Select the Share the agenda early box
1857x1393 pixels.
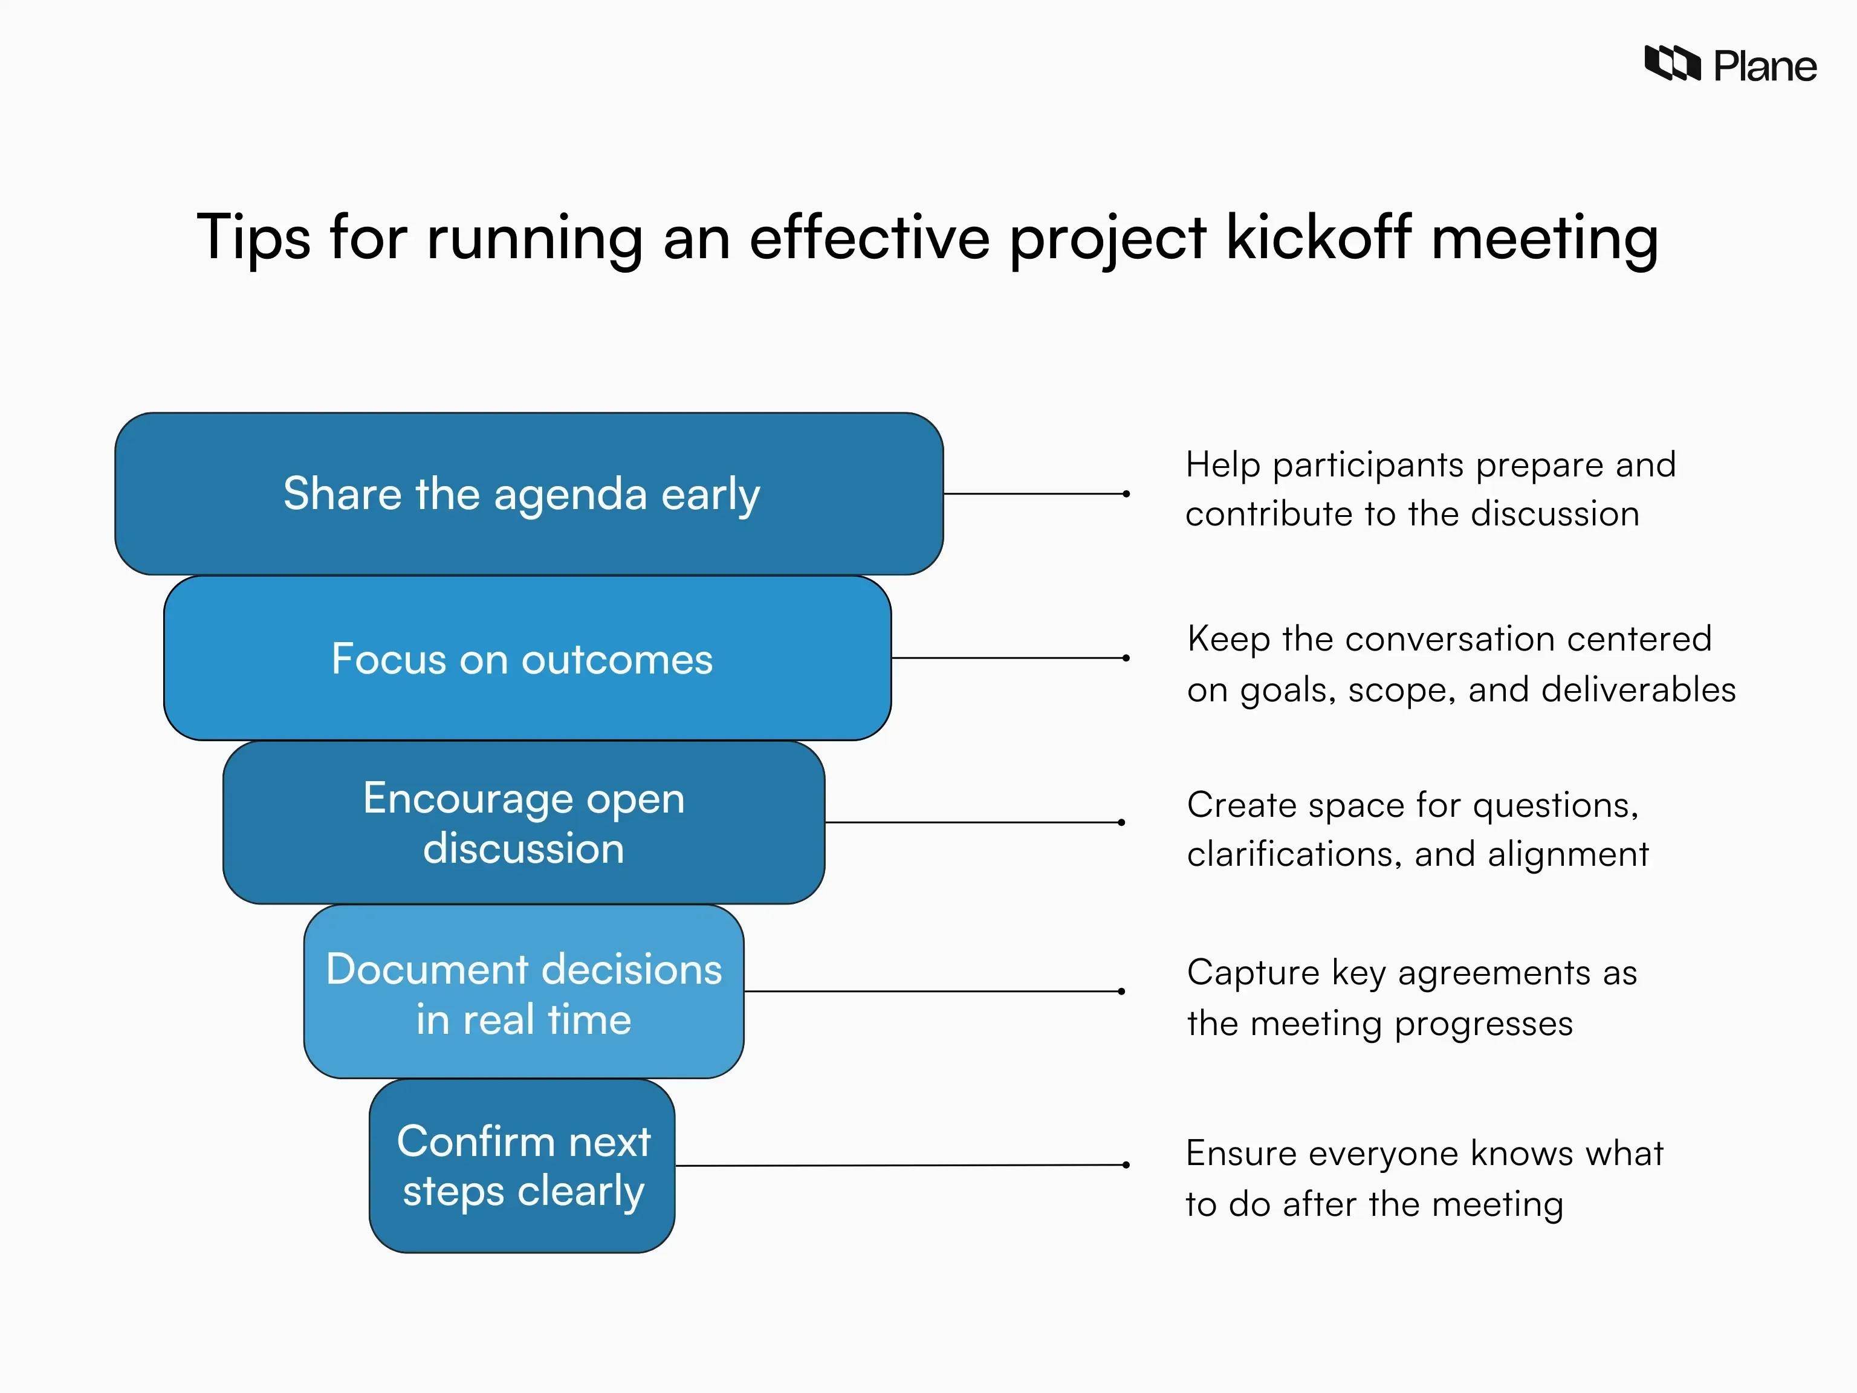pyautogui.click(x=529, y=494)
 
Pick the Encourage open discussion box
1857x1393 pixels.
pyautogui.click(x=524, y=823)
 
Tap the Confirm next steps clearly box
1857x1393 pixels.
pyautogui.click(x=522, y=1166)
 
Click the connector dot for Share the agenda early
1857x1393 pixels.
pyautogui.click(x=1126, y=494)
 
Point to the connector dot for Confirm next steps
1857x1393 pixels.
pyautogui.click(x=1126, y=1164)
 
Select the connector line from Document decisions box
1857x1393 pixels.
pyautogui.click(x=932, y=992)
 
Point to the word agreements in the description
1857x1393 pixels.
pyautogui.click(x=1494, y=974)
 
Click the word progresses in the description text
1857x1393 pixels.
pyautogui.click(x=1483, y=1024)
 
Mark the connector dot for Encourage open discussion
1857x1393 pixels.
pyautogui.click(x=1121, y=822)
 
